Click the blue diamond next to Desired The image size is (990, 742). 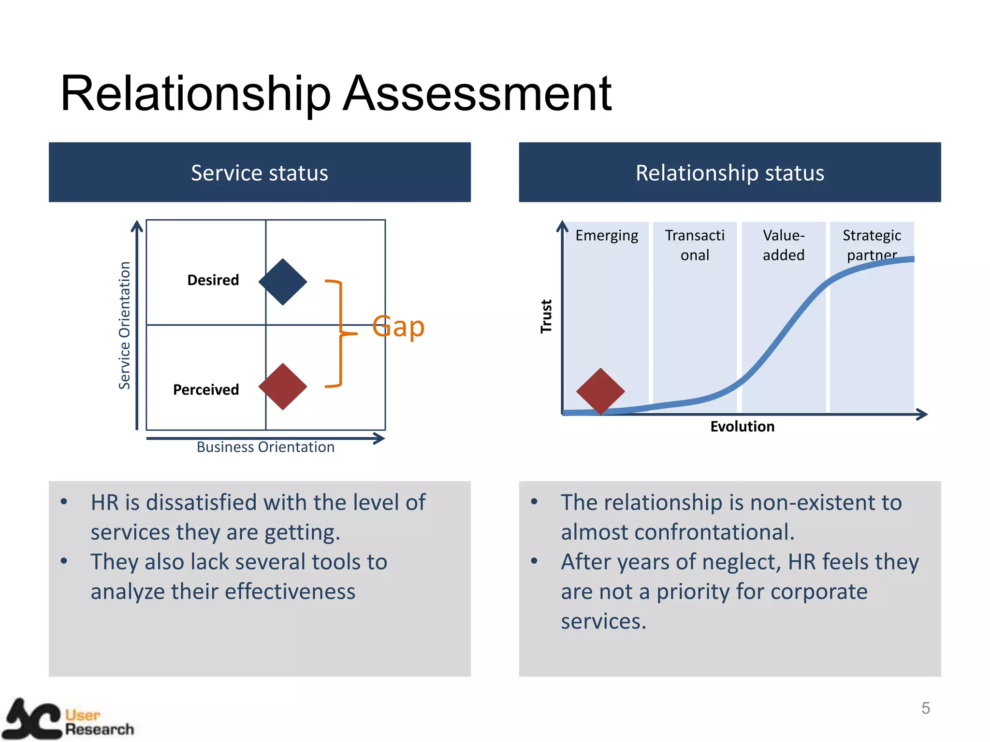[283, 282]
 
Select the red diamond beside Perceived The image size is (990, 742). [283, 386]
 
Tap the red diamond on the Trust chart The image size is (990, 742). [600, 391]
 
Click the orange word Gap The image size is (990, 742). [398, 327]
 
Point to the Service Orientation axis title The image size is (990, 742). [125, 325]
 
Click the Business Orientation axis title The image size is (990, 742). [265, 447]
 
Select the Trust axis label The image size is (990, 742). [546, 316]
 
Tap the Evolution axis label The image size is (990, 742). [742, 427]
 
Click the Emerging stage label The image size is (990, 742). [607, 236]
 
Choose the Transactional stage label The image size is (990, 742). [695, 245]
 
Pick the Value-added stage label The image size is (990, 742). [784, 245]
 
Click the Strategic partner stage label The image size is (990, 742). [872, 245]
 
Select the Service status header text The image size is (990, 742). [260, 173]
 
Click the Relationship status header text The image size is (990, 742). [729, 173]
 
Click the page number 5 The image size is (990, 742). [925, 708]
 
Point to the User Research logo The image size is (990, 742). [68, 720]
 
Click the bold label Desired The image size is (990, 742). [213, 280]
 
